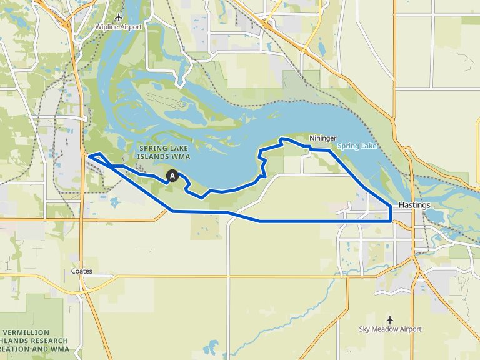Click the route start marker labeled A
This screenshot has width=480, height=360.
(x=173, y=176)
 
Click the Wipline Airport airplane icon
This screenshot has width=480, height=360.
(x=119, y=17)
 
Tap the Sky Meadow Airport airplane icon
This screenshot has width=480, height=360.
(x=391, y=319)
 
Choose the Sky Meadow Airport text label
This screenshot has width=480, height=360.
(x=391, y=329)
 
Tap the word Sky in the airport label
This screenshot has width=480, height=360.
(x=365, y=329)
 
